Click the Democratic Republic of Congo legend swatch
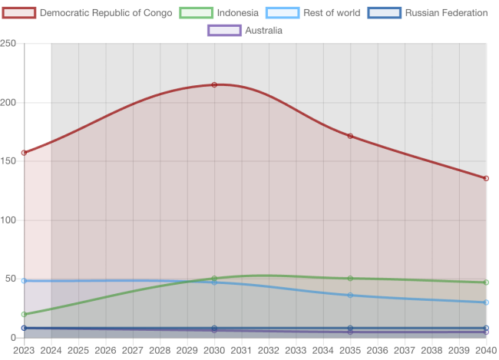click(18, 13)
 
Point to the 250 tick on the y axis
click(8, 45)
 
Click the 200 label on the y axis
click(8, 103)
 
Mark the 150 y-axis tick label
click(8, 161)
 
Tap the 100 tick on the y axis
click(8, 220)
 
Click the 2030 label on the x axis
click(214, 350)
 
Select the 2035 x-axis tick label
click(350, 350)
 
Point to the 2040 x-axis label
click(485, 350)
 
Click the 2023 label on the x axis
click(24, 350)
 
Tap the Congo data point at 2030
click(214, 84)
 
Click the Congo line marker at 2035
click(350, 136)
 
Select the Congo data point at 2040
click(486, 178)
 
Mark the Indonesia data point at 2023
click(24, 314)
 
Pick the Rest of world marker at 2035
click(350, 295)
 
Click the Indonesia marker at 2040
click(486, 282)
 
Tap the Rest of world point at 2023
click(24, 281)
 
